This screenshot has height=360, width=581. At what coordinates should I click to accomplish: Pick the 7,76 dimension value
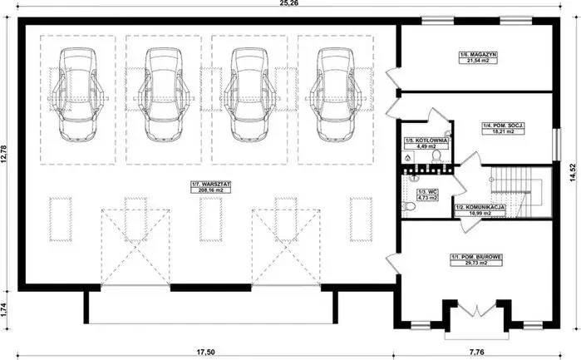tap(478, 352)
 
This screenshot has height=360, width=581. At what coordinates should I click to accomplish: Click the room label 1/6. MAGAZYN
tap(476, 54)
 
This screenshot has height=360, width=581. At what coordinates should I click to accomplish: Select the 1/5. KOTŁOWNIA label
tap(426, 141)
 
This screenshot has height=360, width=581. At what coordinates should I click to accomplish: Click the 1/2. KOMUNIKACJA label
tap(476, 208)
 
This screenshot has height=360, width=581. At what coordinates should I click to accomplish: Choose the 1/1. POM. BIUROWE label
tap(475, 256)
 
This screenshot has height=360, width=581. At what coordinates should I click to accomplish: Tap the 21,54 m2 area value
tap(476, 62)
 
